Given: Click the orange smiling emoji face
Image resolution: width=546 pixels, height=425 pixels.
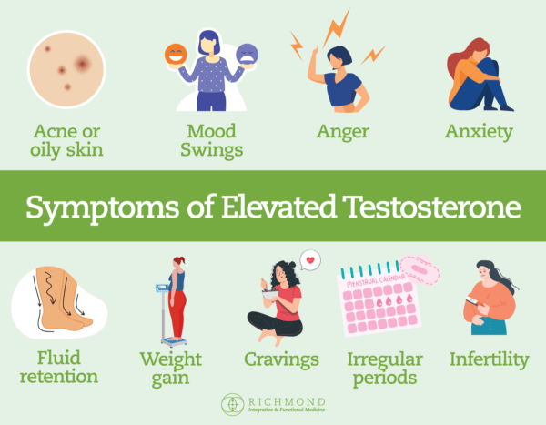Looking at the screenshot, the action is (x=176, y=54).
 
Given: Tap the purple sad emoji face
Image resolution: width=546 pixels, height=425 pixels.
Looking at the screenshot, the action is (x=247, y=54).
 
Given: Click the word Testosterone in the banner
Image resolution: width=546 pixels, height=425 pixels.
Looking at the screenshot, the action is (x=431, y=207).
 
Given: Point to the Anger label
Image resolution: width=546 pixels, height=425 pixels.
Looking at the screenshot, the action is (x=343, y=132).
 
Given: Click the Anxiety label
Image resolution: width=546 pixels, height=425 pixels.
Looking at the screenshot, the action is (x=480, y=132).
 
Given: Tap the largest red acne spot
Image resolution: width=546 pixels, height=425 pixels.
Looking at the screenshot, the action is (x=82, y=64).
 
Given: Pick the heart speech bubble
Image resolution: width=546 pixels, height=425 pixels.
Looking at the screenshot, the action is (x=310, y=260).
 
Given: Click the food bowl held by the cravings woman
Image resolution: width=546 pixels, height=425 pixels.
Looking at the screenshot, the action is (x=270, y=295).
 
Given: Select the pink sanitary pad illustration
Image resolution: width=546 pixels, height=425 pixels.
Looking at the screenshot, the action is (x=420, y=269).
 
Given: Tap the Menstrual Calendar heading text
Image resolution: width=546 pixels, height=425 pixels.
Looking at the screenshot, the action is (x=376, y=281).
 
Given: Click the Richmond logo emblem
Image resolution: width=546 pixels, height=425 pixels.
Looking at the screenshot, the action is (x=232, y=404).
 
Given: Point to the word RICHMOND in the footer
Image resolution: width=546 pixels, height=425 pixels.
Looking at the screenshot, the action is (x=287, y=402).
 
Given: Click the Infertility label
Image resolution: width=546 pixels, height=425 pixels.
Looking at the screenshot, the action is (x=490, y=359).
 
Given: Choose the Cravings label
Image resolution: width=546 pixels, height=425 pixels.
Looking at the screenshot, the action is (x=281, y=360).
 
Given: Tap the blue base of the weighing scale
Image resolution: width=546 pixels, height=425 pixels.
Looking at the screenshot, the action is (x=174, y=342).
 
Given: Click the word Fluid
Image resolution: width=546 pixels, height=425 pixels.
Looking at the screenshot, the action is (x=59, y=358).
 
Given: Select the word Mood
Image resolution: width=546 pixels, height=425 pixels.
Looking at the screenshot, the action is (x=211, y=131).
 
